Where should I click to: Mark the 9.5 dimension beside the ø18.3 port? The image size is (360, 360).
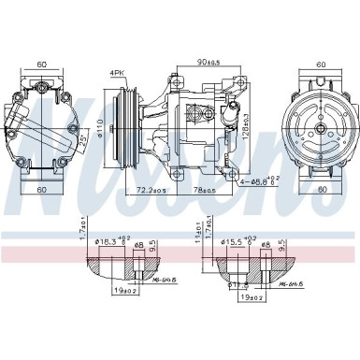(151, 249)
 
